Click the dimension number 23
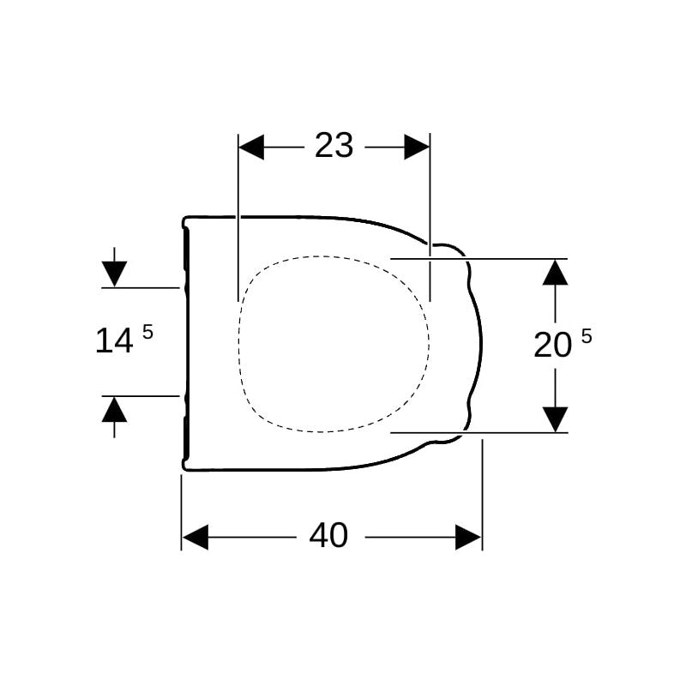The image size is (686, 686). click(x=334, y=146)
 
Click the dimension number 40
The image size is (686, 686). click(x=328, y=535)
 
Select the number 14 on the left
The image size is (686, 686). click(x=114, y=340)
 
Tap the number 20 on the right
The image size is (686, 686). click(x=552, y=345)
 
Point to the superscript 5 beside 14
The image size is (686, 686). click(x=147, y=333)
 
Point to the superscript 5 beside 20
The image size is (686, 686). click(x=587, y=336)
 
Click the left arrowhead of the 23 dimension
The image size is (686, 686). click(x=251, y=147)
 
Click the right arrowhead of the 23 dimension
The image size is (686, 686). click(x=417, y=147)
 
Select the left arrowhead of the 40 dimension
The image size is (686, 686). click(x=196, y=537)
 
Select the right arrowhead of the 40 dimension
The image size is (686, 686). click(x=468, y=537)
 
